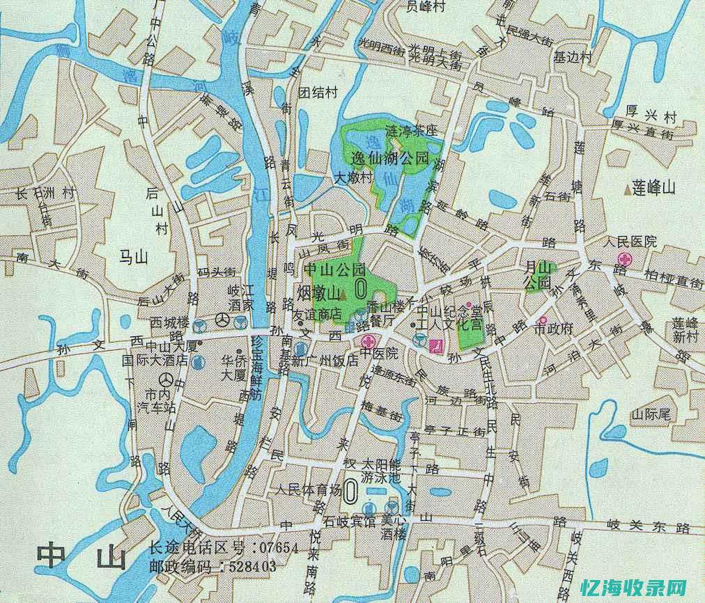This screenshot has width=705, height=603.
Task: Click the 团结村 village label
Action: (x=318, y=92)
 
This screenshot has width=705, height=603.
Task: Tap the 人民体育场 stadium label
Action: (x=308, y=489)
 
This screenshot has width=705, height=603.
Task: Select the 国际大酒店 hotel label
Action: (x=155, y=360)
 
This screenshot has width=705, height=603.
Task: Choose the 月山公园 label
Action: (x=537, y=275)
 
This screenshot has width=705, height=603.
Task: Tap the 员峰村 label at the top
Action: (x=426, y=6)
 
